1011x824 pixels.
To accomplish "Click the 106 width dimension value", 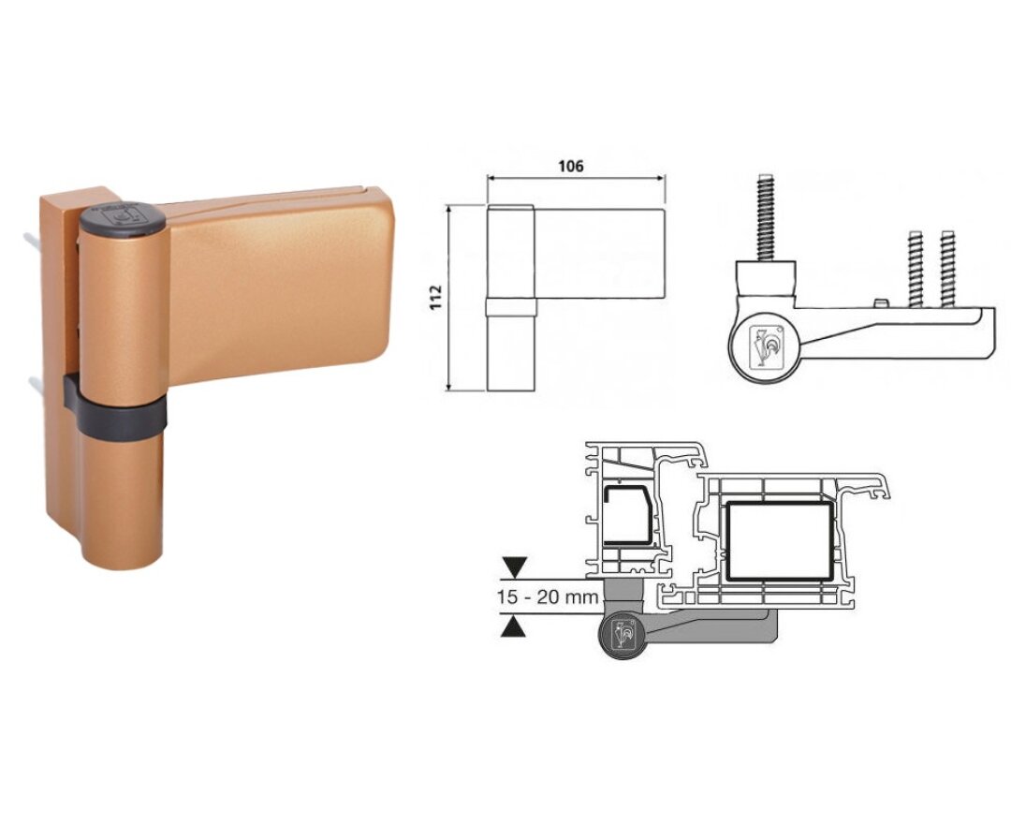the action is coord(571,167).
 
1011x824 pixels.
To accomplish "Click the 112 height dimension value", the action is coord(436,297).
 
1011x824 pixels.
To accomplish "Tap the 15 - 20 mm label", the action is coord(548,597).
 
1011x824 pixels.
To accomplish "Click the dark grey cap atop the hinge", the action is coord(123,217).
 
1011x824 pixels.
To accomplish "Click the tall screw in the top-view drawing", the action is coord(766,216).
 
